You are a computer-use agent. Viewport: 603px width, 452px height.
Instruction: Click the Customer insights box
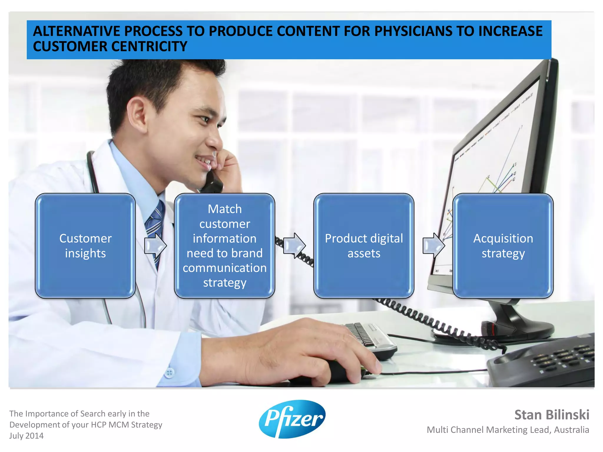pyautogui.click(x=85, y=246)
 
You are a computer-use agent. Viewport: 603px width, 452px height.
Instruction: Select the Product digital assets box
pyautogui.click(x=364, y=246)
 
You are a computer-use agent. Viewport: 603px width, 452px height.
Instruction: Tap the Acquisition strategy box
pyautogui.click(x=503, y=246)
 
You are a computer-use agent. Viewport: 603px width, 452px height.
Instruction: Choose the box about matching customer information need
pyautogui.click(x=224, y=246)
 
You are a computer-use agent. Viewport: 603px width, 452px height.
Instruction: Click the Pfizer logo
pyautogui.click(x=292, y=418)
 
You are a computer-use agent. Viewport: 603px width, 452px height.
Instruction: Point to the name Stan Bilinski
pyautogui.click(x=551, y=415)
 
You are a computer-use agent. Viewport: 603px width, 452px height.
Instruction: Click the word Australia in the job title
pyautogui.click(x=571, y=430)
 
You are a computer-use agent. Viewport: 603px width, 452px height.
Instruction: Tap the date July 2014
pyautogui.click(x=26, y=436)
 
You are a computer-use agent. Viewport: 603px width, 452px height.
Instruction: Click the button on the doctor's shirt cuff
pyautogui.click(x=169, y=373)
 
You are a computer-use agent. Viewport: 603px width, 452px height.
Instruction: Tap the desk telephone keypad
pyautogui.click(x=559, y=359)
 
